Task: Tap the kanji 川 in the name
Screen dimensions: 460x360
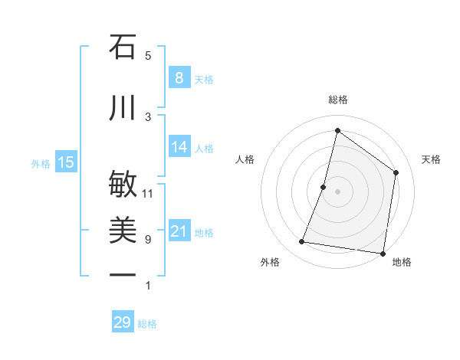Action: point(123,108)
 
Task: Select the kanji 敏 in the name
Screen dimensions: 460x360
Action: point(123,185)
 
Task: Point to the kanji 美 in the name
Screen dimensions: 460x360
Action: point(123,231)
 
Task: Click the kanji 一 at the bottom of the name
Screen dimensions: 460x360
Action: point(123,275)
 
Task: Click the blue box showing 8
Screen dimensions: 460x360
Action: point(179,78)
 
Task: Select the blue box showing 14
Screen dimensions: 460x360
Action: point(179,147)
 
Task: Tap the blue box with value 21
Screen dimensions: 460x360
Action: point(179,231)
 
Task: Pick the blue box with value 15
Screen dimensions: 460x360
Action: point(66,162)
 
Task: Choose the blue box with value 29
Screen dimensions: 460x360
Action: point(122,322)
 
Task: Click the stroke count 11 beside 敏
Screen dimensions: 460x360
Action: point(148,193)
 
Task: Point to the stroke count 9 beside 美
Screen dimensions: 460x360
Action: point(148,240)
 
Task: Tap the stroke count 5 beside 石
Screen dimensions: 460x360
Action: point(148,55)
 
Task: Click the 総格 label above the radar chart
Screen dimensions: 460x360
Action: point(337,100)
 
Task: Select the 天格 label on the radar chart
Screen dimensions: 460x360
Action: point(431,159)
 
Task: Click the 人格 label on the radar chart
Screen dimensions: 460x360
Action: point(245,159)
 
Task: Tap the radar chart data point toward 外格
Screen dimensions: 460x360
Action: point(302,242)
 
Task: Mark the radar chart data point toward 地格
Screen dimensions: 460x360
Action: point(383,254)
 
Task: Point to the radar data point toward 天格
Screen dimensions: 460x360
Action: point(396,172)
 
